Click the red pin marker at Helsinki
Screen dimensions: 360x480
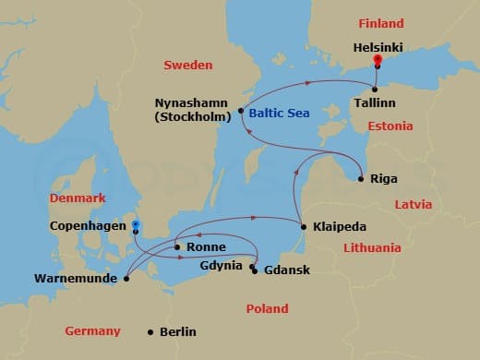point(377,62)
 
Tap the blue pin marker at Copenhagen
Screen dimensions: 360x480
point(136,224)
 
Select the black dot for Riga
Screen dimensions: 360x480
point(361,178)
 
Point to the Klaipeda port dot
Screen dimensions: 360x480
point(304,225)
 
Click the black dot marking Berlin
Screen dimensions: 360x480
point(150,332)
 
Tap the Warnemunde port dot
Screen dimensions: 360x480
point(126,275)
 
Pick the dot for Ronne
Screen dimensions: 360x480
point(177,247)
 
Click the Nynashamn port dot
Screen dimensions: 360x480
point(241,112)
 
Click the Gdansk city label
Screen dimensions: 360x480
point(287,270)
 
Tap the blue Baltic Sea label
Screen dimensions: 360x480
point(279,113)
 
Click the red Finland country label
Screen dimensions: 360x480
point(379,23)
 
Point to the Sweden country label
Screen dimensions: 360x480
point(187,65)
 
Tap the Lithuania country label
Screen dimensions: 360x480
point(372,247)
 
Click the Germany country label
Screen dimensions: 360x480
point(92,330)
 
